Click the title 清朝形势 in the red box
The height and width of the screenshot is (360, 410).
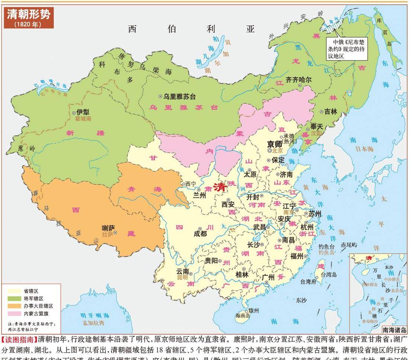point(28,14)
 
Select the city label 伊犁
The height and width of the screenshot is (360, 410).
point(83,112)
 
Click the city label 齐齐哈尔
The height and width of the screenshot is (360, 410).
point(298,79)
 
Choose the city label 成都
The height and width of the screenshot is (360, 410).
point(200,233)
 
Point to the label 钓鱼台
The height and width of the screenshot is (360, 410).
point(327,246)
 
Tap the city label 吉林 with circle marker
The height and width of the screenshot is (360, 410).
point(331,111)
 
